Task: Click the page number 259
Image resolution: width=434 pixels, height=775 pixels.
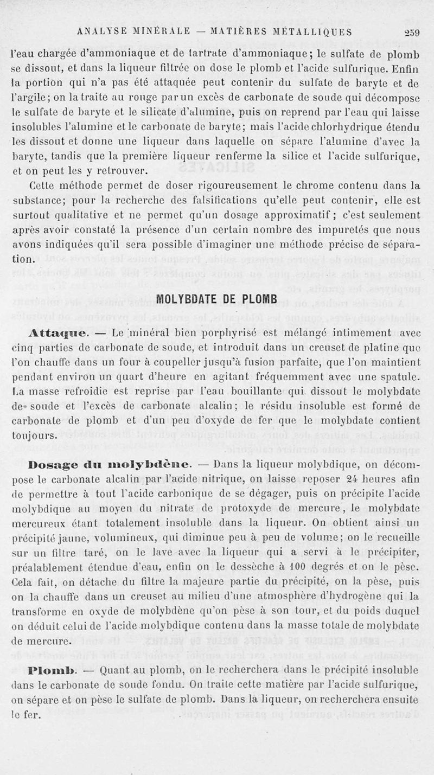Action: tap(412, 31)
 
